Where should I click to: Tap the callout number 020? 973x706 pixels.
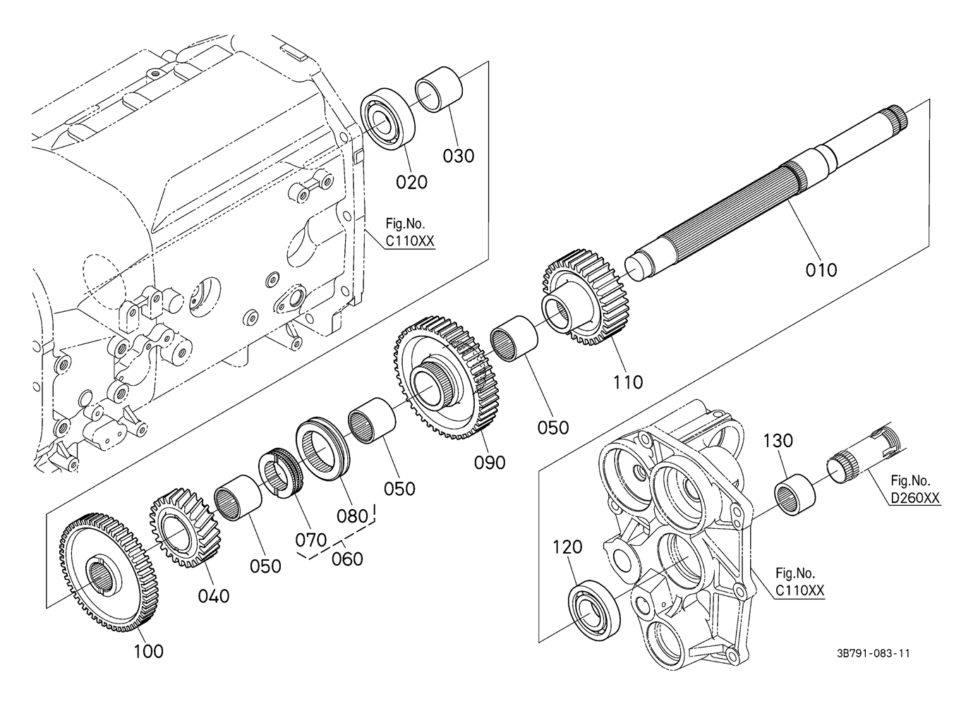[411, 182]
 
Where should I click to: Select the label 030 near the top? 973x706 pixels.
[459, 156]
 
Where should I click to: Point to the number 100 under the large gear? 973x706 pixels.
[148, 651]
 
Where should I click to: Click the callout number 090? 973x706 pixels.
[490, 462]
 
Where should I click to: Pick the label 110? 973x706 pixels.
[627, 382]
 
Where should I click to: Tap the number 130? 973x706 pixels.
[778, 442]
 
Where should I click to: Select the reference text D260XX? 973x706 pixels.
[915, 499]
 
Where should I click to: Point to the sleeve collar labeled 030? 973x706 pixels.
[438, 88]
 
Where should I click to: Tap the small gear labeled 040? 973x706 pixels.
[181, 525]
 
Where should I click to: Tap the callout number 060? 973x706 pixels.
[347, 559]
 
